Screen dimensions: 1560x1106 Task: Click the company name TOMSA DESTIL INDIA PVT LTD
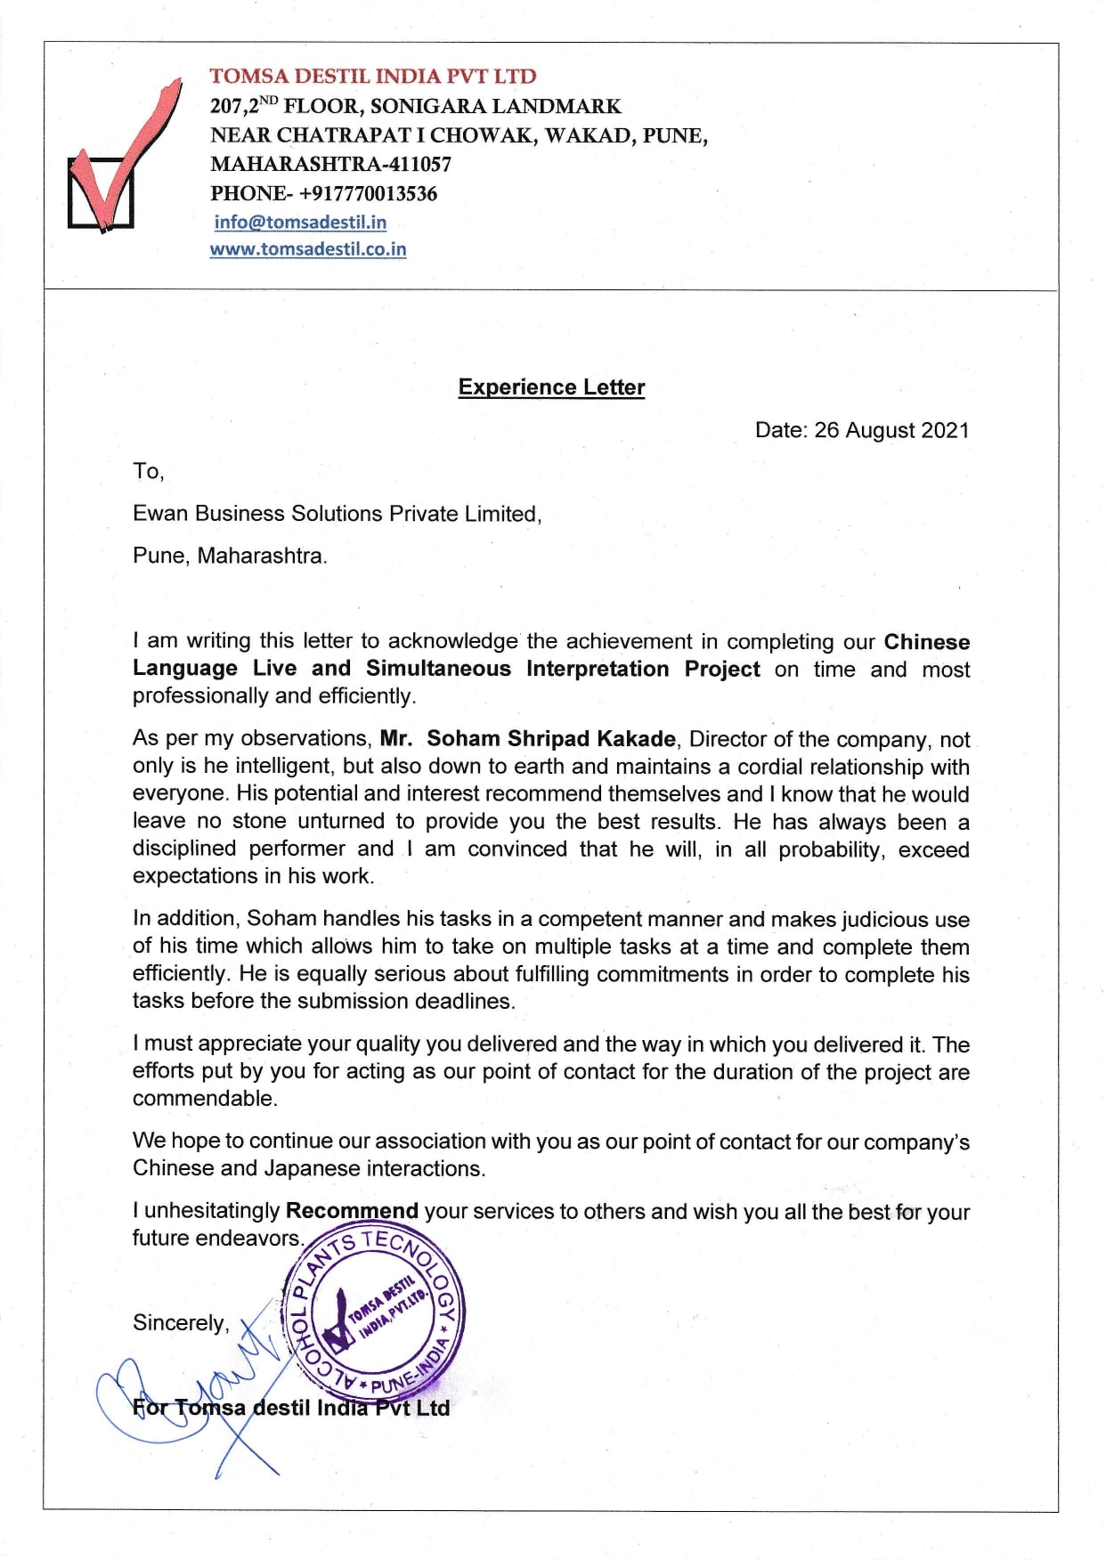pos(373,77)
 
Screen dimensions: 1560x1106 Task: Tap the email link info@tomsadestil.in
pos(300,222)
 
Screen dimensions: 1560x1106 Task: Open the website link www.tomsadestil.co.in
pos(308,249)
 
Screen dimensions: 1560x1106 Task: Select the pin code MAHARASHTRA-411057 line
pos(330,164)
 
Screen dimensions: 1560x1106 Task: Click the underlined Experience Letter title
pos(551,387)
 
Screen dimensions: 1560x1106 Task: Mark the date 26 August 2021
pos(891,430)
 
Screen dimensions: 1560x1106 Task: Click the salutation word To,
pos(149,471)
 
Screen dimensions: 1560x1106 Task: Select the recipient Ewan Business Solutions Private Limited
pos(337,514)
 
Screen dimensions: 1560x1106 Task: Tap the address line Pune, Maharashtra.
pos(230,556)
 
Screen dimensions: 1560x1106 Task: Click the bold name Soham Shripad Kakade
pos(550,739)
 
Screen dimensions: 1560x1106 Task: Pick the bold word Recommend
pos(352,1211)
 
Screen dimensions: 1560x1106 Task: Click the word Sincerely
pos(181,1323)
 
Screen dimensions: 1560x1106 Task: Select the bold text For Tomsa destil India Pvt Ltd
pos(291,1408)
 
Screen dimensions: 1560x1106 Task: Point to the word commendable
pos(205,1099)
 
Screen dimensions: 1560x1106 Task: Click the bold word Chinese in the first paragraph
pos(926,642)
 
